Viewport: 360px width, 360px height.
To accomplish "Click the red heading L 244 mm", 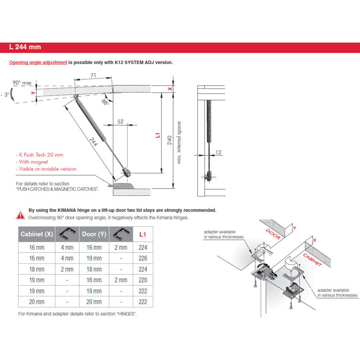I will point(25,47).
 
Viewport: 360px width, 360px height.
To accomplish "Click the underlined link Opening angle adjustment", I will point(38,63).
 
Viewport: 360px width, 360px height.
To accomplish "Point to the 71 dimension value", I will point(93,75).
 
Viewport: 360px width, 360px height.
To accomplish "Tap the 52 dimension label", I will point(120,121).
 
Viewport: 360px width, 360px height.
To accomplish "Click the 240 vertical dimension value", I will point(169,140).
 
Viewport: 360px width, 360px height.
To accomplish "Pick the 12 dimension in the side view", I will point(218,152).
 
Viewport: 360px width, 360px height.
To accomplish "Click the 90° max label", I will point(22,83).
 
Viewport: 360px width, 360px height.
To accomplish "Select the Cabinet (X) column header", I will point(37,234).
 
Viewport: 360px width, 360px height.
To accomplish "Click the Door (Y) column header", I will point(94,234).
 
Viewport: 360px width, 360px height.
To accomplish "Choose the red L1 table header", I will point(143,234).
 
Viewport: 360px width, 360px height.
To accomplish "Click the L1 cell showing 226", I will point(143,258).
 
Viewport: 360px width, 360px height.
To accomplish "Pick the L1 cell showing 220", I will point(143,280).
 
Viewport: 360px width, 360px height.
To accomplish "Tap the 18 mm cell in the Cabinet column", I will point(37,269).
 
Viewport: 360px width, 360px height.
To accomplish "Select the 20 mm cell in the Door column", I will point(94,302).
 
